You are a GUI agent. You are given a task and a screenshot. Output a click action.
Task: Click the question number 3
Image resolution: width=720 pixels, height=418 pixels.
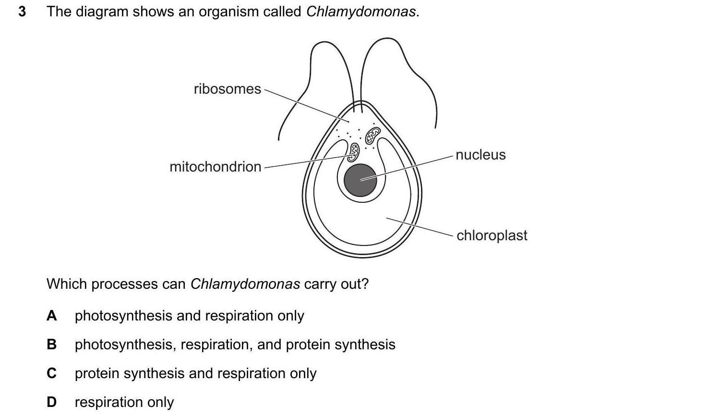point(22,12)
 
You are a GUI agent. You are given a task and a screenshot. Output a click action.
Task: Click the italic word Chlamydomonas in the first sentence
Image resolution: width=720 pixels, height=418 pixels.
point(361,12)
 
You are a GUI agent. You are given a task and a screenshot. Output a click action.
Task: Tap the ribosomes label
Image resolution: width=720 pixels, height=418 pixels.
point(227,89)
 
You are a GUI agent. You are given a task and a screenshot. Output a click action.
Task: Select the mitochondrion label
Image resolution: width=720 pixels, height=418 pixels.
point(216,167)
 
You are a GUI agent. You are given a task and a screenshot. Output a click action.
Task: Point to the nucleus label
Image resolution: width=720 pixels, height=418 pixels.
point(480,155)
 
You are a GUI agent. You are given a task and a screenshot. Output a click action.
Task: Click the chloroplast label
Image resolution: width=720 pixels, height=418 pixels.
point(492,235)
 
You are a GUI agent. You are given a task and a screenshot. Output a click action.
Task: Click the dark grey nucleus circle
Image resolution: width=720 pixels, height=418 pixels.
point(360,180)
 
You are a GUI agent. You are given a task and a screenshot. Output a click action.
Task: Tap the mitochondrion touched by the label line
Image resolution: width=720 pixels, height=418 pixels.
point(354,151)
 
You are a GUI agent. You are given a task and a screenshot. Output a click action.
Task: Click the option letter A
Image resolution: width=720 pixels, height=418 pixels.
point(52,316)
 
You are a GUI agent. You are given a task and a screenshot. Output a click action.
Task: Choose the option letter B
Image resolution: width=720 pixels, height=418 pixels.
point(52,344)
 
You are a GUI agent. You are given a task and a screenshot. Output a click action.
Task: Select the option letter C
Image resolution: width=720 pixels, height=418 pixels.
point(52,373)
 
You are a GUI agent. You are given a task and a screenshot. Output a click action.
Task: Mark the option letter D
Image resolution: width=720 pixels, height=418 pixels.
point(52,402)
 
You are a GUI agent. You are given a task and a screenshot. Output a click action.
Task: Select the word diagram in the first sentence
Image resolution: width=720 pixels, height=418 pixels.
point(101,12)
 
